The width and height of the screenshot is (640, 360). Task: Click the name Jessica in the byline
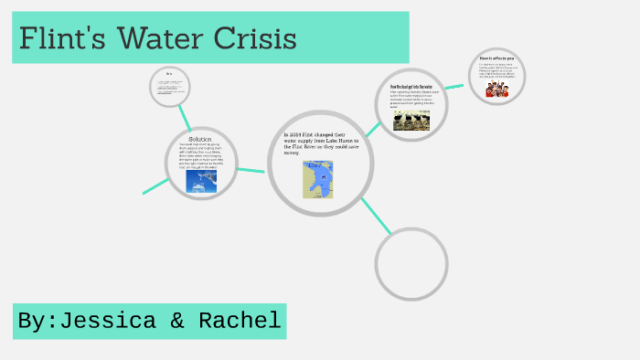coord(111,321)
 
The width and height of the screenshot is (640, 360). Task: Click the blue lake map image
coord(318,180)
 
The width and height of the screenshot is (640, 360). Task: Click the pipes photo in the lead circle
coord(411,121)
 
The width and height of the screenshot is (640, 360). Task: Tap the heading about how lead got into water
coord(412,87)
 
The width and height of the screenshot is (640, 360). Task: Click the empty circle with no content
coord(411,263)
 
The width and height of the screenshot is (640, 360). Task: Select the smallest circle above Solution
coord(170,86)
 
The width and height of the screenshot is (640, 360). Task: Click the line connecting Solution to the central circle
coord(251,167)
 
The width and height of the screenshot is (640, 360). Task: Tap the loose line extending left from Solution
coord(155,185)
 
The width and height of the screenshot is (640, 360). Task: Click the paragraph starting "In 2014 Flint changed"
coord(322,143)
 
